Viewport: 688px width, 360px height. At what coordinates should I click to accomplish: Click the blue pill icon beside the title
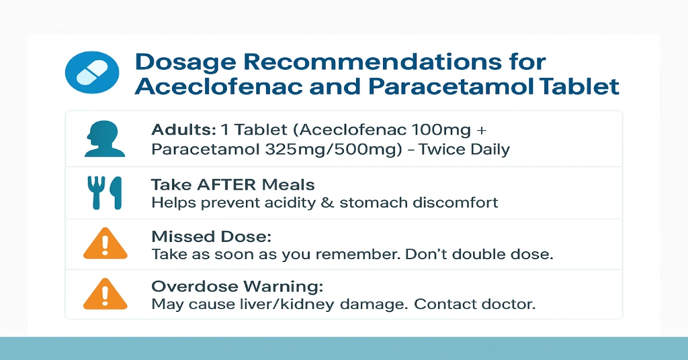93,73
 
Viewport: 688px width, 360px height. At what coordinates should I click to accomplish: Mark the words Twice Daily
464,150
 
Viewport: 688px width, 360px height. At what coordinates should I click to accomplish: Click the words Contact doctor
475,304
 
